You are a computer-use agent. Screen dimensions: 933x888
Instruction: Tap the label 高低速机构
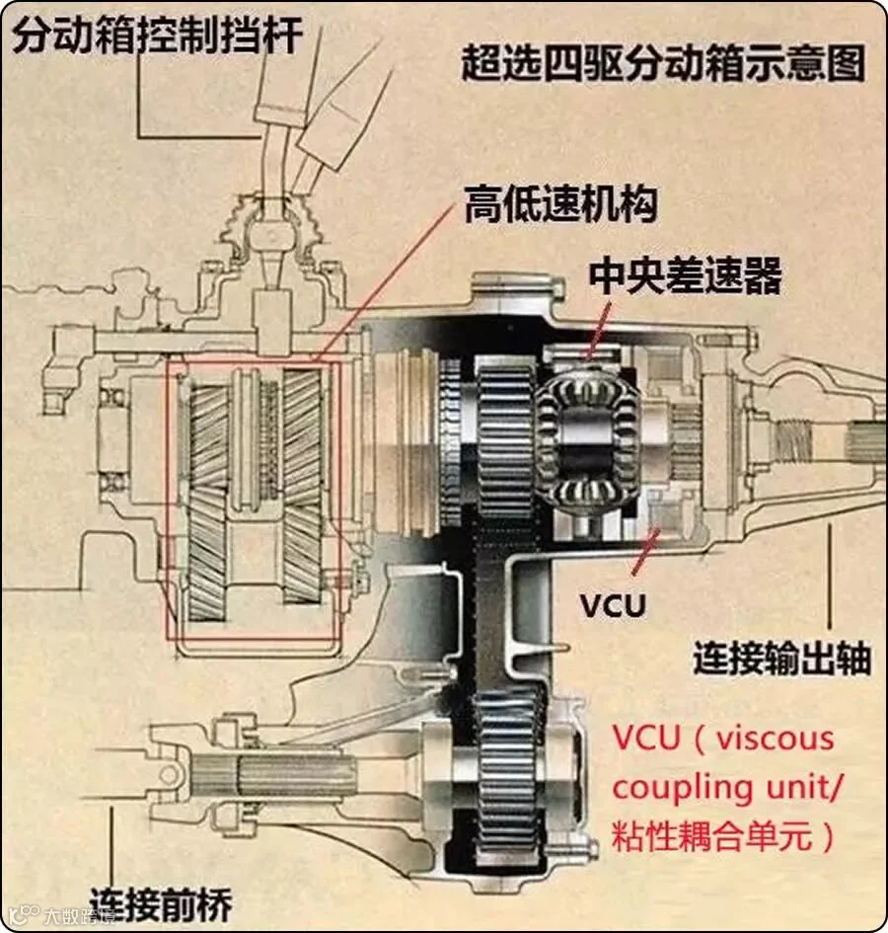559,207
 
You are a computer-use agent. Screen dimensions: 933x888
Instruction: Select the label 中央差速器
685,277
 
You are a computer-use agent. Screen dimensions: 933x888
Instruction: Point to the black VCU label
612,603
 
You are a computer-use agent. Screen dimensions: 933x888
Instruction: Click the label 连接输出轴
781,658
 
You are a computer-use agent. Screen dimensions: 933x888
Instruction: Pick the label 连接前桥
161,901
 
